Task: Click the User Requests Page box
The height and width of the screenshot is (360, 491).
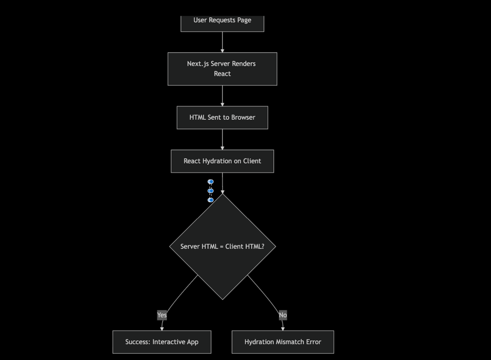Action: [222, 22]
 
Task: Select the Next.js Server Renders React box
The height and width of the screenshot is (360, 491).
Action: [222, 69]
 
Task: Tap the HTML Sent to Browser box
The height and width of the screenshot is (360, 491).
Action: [222, 117]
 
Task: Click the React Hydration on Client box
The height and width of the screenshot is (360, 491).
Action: [222, 161]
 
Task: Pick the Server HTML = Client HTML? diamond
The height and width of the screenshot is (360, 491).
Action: [222, 246]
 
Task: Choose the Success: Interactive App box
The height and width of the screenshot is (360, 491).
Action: [162, 342]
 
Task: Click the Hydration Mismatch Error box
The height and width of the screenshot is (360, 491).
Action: [282, 342]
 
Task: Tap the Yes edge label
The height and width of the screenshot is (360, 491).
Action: [162, 315]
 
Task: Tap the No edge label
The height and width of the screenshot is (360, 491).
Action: [283, 315]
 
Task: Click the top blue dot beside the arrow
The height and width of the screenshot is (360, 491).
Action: [210, 182]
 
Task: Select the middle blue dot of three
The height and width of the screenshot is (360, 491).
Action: [210, 191]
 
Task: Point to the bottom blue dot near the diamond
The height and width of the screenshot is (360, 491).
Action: [210, 200]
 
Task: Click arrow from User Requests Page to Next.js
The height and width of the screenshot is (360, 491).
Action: [222, 42]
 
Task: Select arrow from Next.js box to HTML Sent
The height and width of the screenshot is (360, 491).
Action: [222, 96]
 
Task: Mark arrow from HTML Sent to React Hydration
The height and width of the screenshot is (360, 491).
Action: [222, 139]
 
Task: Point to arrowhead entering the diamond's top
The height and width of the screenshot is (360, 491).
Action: [222, 192]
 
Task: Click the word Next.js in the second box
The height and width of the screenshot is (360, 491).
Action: [198, 64]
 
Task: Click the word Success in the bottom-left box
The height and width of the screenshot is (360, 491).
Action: [137, 342]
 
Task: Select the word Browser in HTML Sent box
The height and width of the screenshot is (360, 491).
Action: [243, 117]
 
